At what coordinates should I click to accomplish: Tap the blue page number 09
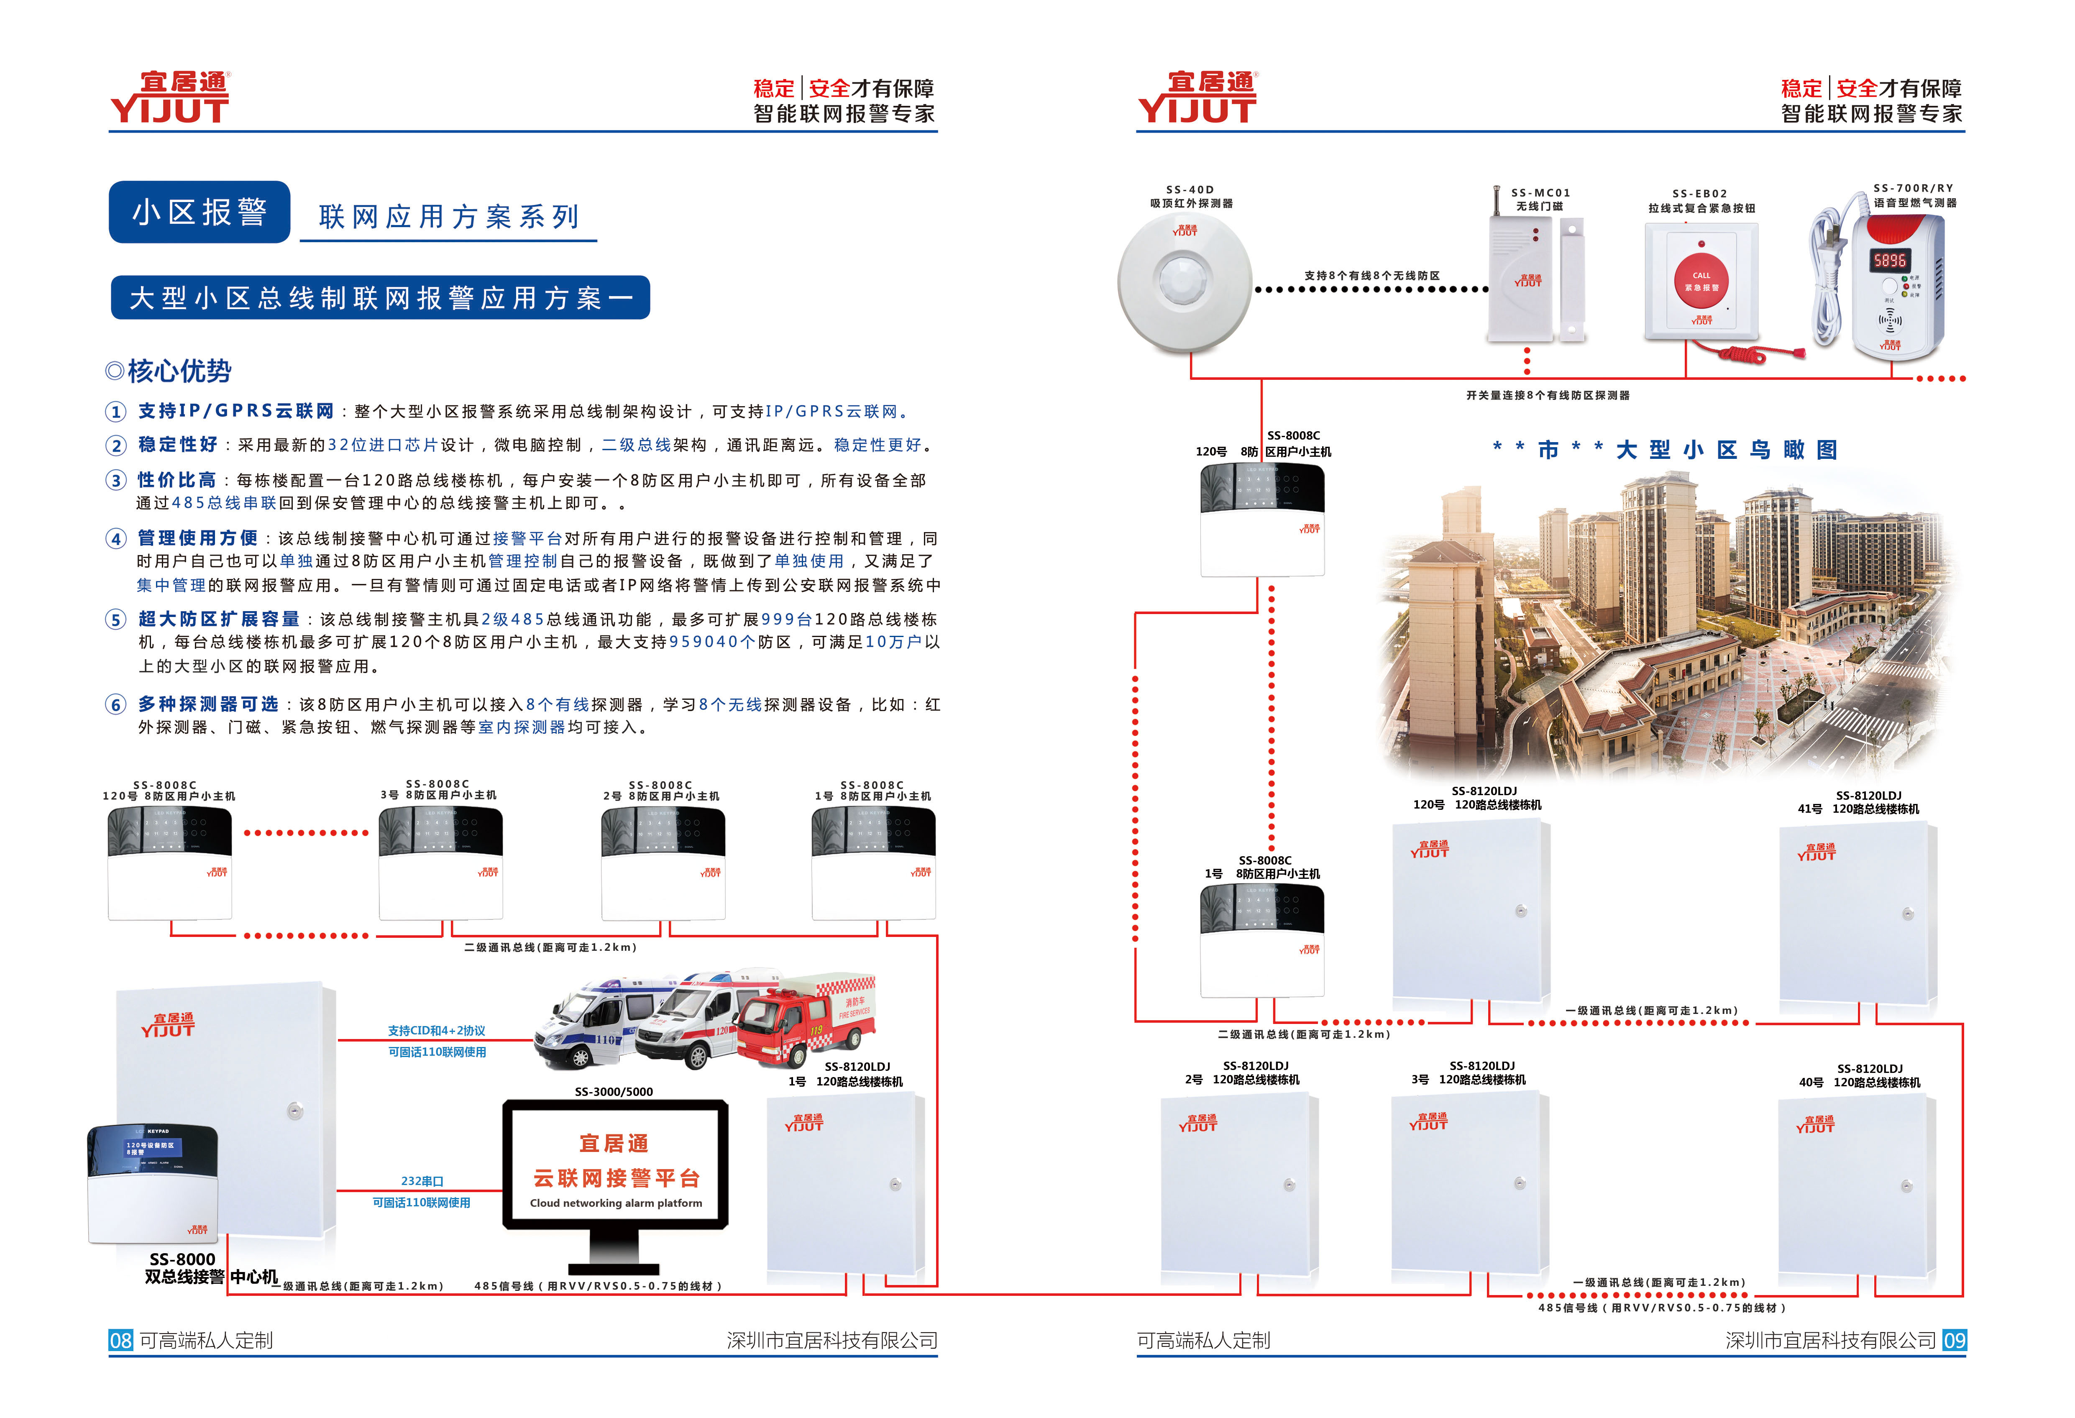tap(1955, 1340)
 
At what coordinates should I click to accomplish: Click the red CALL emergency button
tap(1701, 280)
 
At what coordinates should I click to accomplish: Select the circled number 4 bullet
tap(116, 538)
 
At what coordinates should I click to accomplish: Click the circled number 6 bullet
tap(116, 704)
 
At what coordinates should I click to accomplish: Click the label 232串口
tap(422, 1180)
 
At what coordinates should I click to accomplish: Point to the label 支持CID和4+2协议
tap(437, 1031)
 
